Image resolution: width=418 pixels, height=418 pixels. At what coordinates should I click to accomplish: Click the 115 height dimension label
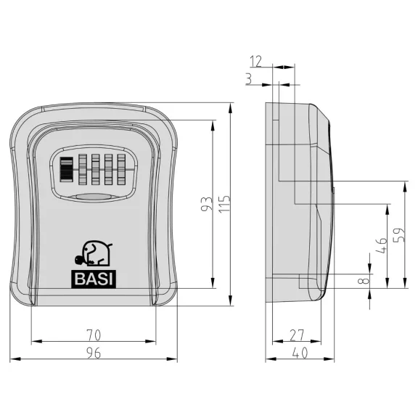click(224, 204)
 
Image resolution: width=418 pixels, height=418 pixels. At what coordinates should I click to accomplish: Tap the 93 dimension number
click(207, 204)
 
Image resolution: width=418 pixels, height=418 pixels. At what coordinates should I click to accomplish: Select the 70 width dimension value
click(94, 335)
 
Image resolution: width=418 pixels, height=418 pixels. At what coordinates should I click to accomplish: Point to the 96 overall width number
click(94, 353)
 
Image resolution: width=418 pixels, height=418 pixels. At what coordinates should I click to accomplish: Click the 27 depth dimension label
click(297, 335)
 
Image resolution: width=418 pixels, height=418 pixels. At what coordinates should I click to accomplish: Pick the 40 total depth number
click(300, 353)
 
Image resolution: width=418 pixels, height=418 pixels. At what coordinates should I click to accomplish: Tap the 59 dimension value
click(399, 235)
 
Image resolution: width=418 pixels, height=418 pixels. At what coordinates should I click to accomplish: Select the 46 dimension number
click(381, 245)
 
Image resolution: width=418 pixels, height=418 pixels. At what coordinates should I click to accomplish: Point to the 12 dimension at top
click(256, 61)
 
